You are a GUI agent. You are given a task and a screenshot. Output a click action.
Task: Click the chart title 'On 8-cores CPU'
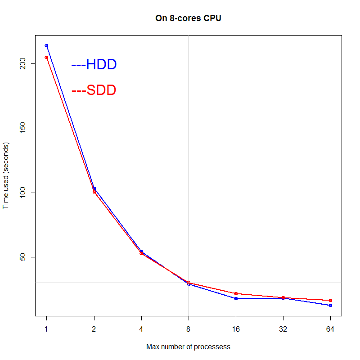pyautogui.click(x=188, y=19)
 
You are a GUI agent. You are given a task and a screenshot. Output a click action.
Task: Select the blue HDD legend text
pyautogui.click(x=94, y=64)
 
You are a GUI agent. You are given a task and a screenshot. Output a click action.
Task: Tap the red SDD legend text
pyautogui.click(x=94, y=90)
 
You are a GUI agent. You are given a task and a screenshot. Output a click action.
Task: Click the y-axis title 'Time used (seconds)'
pyautogui.click(x=6, y=175)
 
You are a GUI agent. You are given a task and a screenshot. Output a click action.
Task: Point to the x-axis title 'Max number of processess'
pyautogui.click(x=188, y=347)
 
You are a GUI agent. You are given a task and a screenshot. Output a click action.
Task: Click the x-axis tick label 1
pyautogui.click(x=46, y=329)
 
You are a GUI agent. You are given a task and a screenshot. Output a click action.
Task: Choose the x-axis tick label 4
pyautogui.click(x=141, y=329)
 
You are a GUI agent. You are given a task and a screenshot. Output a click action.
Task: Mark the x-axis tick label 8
pyautogui.click(x=189, y=329)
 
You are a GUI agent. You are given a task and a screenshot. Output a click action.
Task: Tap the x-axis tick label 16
pyautogui.click(x=236, y=329)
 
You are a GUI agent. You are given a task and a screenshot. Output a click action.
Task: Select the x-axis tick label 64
pyautogui.click(x=330, y=329)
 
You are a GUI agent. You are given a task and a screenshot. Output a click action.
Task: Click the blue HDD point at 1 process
pyautogui.click(x=46, y=45)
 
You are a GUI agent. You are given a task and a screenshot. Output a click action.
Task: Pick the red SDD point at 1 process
pyautogui.click(x=46, y=57)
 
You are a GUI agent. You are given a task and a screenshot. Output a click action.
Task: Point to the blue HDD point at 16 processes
pyautogui.click(x=236, y=298)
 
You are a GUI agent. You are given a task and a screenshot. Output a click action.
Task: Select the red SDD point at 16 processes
pyautogui.click(x=236, y=293)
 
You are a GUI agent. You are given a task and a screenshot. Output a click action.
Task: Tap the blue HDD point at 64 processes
pyautogui.click(x=330, y=305)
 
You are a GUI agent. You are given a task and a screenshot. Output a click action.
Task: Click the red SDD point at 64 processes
pyautogui.click(x=330, y=300)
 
